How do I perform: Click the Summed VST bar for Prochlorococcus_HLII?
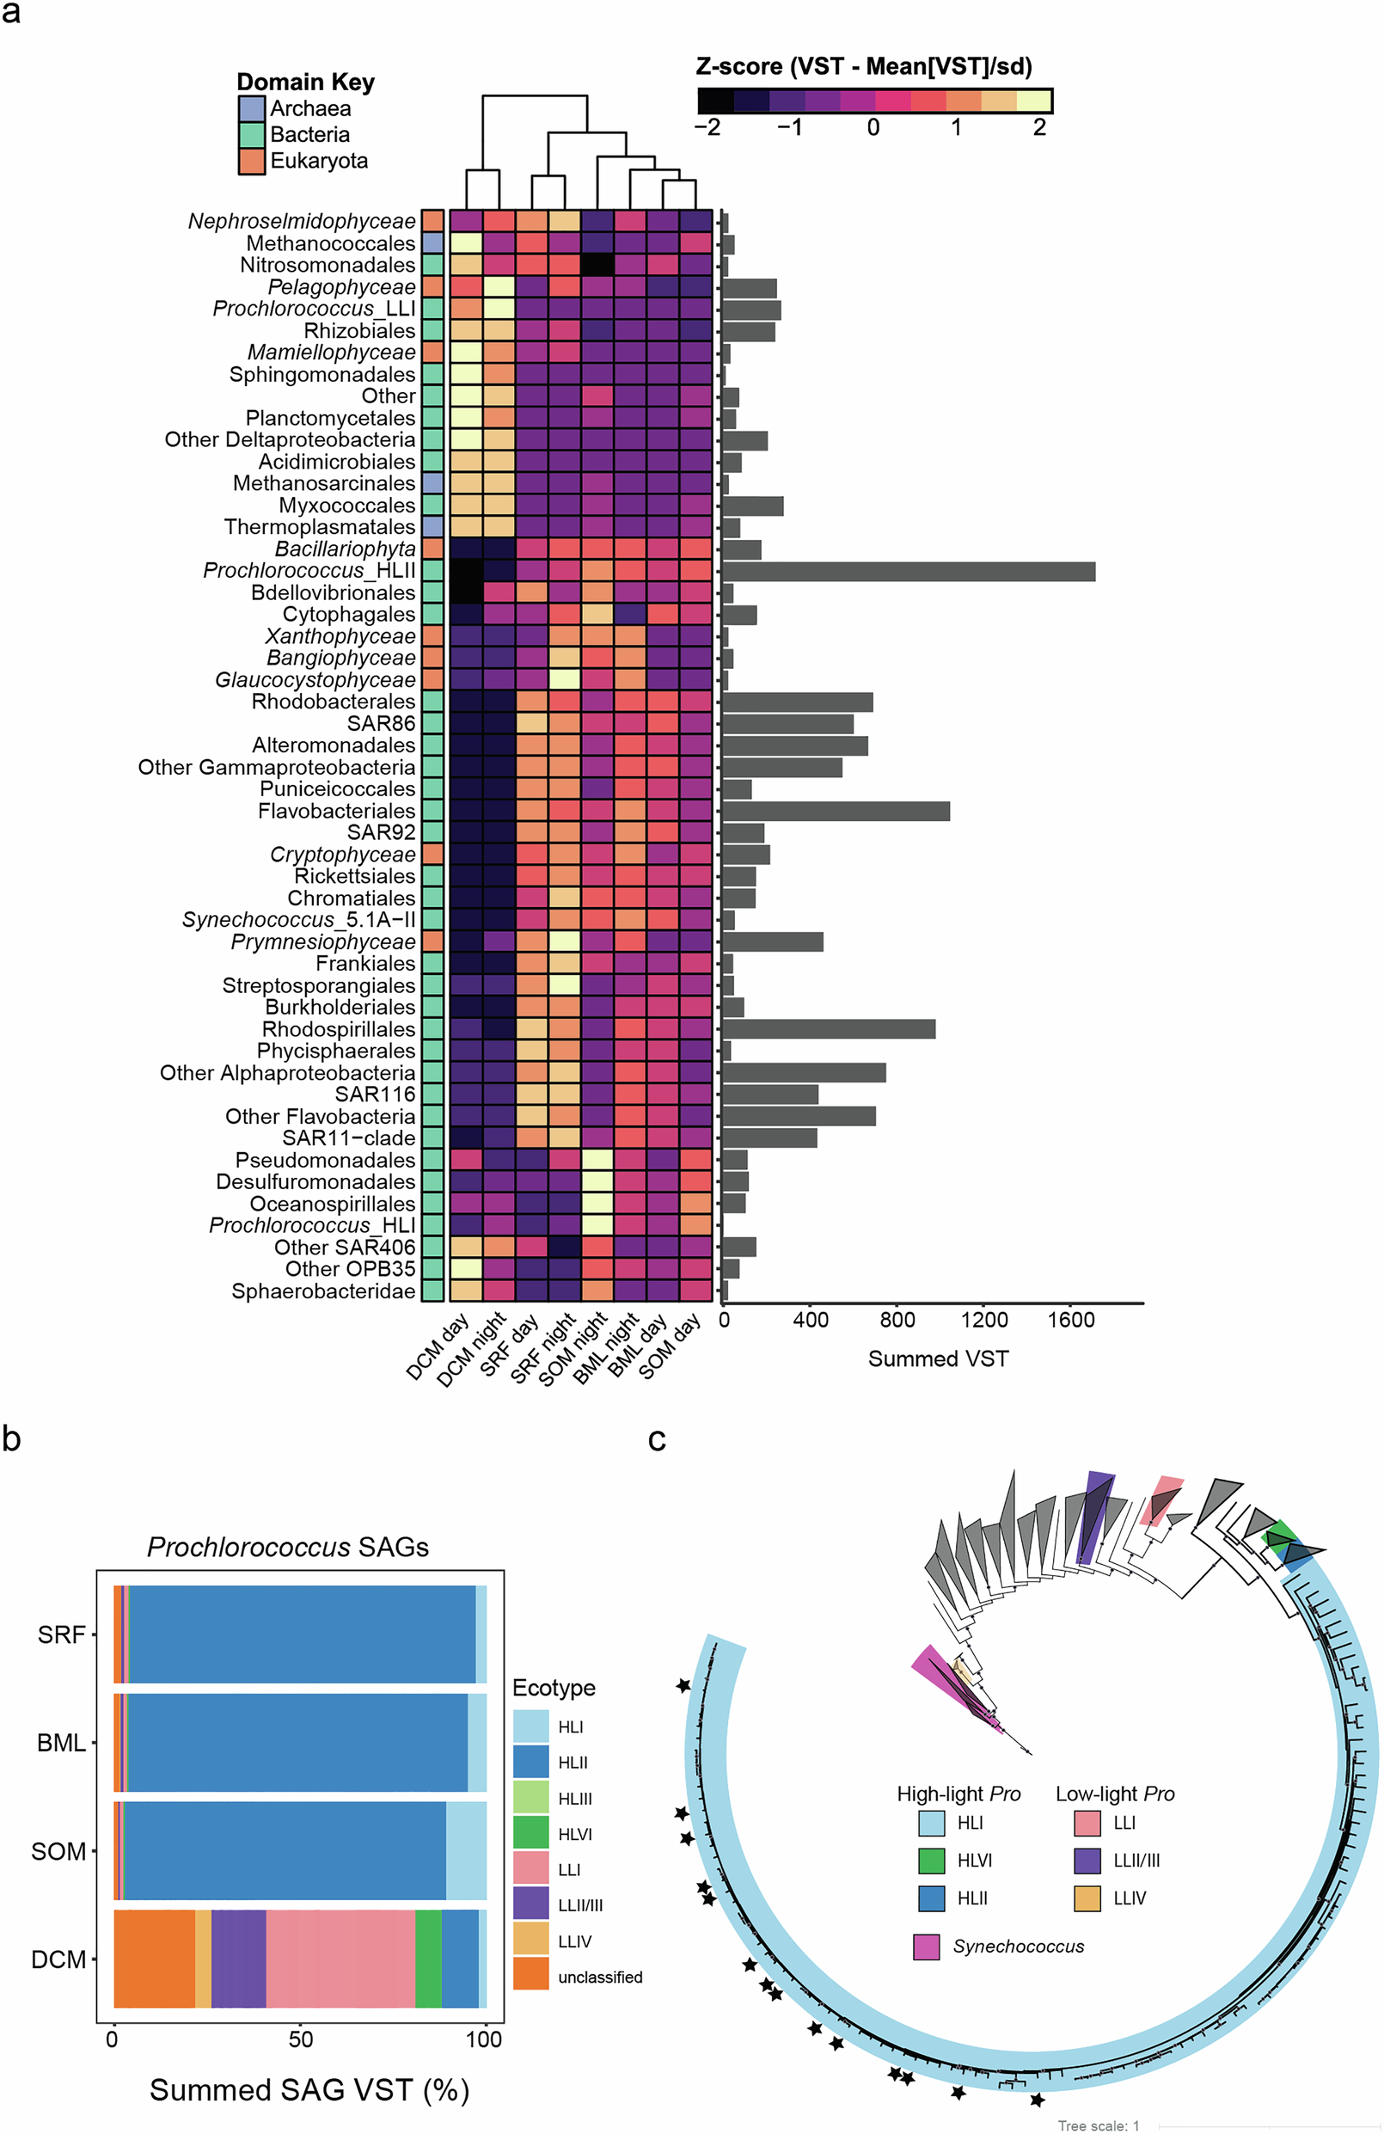[907, 571]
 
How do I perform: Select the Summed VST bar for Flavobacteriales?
[836, 812]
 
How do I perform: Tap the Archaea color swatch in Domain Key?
[252, 108]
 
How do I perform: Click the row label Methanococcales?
[331, 243]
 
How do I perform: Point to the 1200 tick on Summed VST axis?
[983, 1320]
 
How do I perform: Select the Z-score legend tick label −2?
[707, 127]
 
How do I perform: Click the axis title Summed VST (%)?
[309, 2089]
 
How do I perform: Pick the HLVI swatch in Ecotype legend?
[530, 1833]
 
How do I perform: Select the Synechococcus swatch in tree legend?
[926, 1947]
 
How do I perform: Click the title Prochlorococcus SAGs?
[288, 1547]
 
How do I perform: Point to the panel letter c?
[656, 1439]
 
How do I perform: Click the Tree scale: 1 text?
[1098, 2126]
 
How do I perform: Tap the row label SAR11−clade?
[349, 1138]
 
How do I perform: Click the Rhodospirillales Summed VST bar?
[828, 1029]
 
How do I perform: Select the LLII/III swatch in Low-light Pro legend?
[1087, 1861]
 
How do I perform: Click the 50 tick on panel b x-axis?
[300, 2039]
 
